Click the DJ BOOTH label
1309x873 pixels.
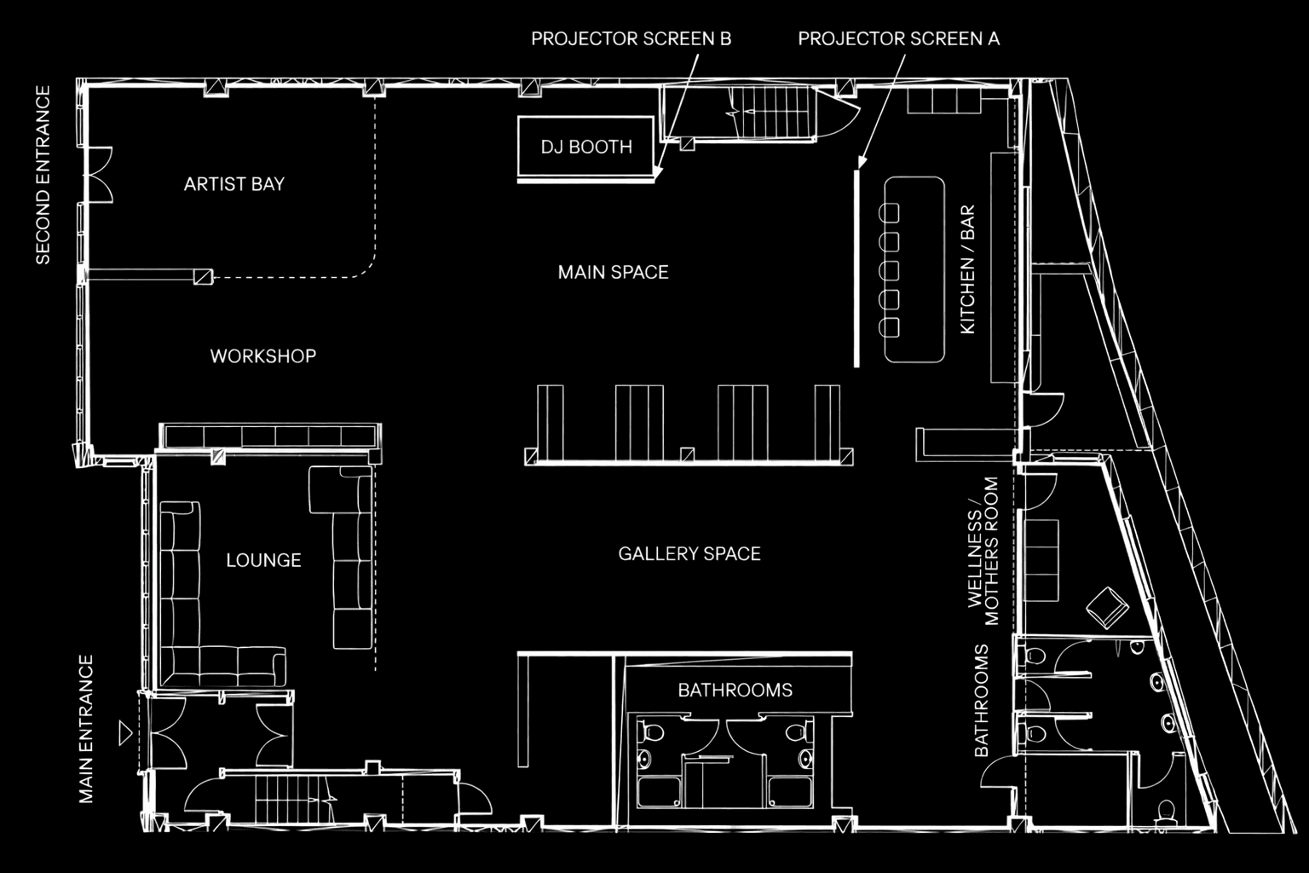tap(586, 147)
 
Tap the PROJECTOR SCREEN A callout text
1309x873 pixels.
tap(899, 38)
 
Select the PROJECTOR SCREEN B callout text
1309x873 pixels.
tap(631, 38)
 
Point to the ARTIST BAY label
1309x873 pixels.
tap(234, 184)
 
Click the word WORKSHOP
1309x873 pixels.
tap(263, 356)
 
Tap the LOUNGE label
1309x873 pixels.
tap(263, 560)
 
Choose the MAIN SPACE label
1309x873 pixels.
tap(613, 272)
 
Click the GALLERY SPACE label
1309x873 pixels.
tap(689, 554)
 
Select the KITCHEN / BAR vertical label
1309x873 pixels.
tap(968, 269)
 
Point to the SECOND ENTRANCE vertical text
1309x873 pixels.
tap(43, 175)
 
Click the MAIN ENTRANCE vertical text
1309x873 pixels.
tap(86, 729)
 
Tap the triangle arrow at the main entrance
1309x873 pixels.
tap(124, 733)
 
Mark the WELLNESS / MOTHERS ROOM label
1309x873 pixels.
tap(983, 551)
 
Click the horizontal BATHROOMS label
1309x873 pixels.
tap(735, 690)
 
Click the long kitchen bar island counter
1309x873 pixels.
tap(914, 269)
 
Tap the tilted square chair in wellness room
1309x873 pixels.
tap(1107, 608)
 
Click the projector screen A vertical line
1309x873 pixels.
tap(856, 269)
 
